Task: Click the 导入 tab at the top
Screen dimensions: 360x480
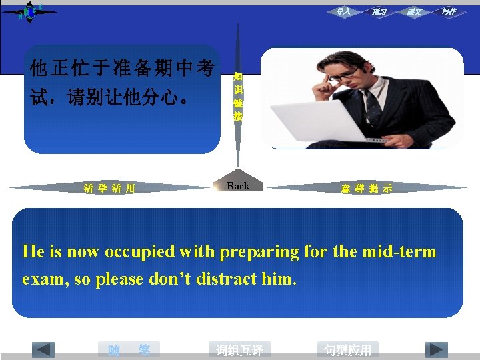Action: (x=343, y=11)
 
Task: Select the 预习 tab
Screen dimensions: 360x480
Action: (x=379, y=12)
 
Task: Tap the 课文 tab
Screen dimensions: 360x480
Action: (x=414, y=12)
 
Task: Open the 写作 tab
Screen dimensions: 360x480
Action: (x=448, y=12)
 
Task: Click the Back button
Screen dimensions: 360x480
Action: (x=238, y=186)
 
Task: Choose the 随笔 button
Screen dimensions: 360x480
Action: (x=129, y=349)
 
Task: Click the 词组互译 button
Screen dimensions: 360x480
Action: (x=239, y=350)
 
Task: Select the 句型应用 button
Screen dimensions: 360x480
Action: (x=347, y=350)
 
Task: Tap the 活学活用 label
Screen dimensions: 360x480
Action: (x=109, y=189)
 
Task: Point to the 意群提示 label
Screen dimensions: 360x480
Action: (x=366, y=189)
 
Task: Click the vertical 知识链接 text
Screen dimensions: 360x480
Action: (x=238, y=97)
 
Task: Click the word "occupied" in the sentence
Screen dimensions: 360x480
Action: (x=138, y=252)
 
